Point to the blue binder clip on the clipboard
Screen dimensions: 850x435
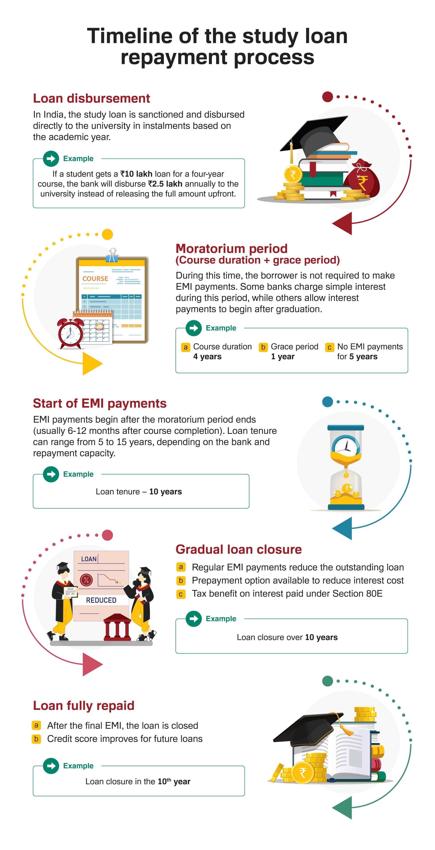pyautogui.click(x=112, y=256)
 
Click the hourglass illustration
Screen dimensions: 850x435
pyautogui.click(x=346, y=467)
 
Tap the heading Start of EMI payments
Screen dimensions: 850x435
pyautogui.click(x=100, y=403)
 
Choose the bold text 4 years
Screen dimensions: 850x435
pyautogui.click(x=207, y=356)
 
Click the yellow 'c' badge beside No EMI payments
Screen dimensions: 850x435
pyautogui.click(x=329, y=347)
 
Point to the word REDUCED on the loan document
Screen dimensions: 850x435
pyautogui.click(x=101, y=600)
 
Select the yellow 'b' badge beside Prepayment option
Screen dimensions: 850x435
pyautogui.click(x=181, y=580)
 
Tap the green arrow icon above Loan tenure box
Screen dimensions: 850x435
pyautogui.click(x=51, y=474)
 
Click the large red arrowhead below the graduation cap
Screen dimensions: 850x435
pyautogui.click(x=343, y=223)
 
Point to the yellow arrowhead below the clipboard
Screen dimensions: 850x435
pyautogui.click(x=92, y=364)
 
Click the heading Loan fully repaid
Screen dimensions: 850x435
pyautogui.click(x=84, y=705)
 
